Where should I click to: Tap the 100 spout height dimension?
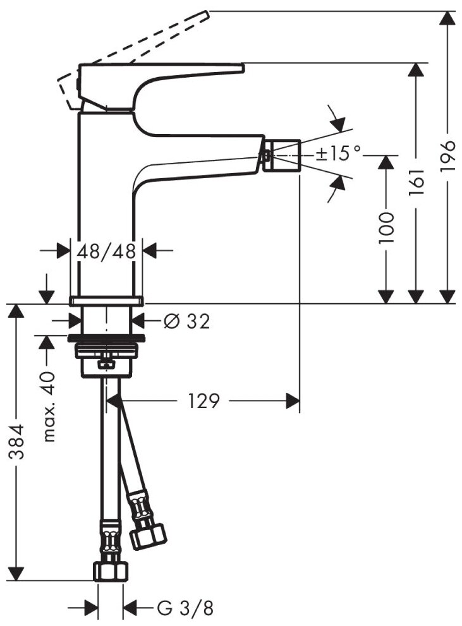click(386, 228)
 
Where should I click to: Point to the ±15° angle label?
click(339, 153)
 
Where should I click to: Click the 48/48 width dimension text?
click(106, 251)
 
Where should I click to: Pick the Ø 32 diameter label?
click(186, 322)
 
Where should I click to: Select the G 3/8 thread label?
click(185, 608)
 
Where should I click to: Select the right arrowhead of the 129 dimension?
click(292, 400)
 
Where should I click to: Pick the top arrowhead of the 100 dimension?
click(386, 160)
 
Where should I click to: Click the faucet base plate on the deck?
click(106, 300)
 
